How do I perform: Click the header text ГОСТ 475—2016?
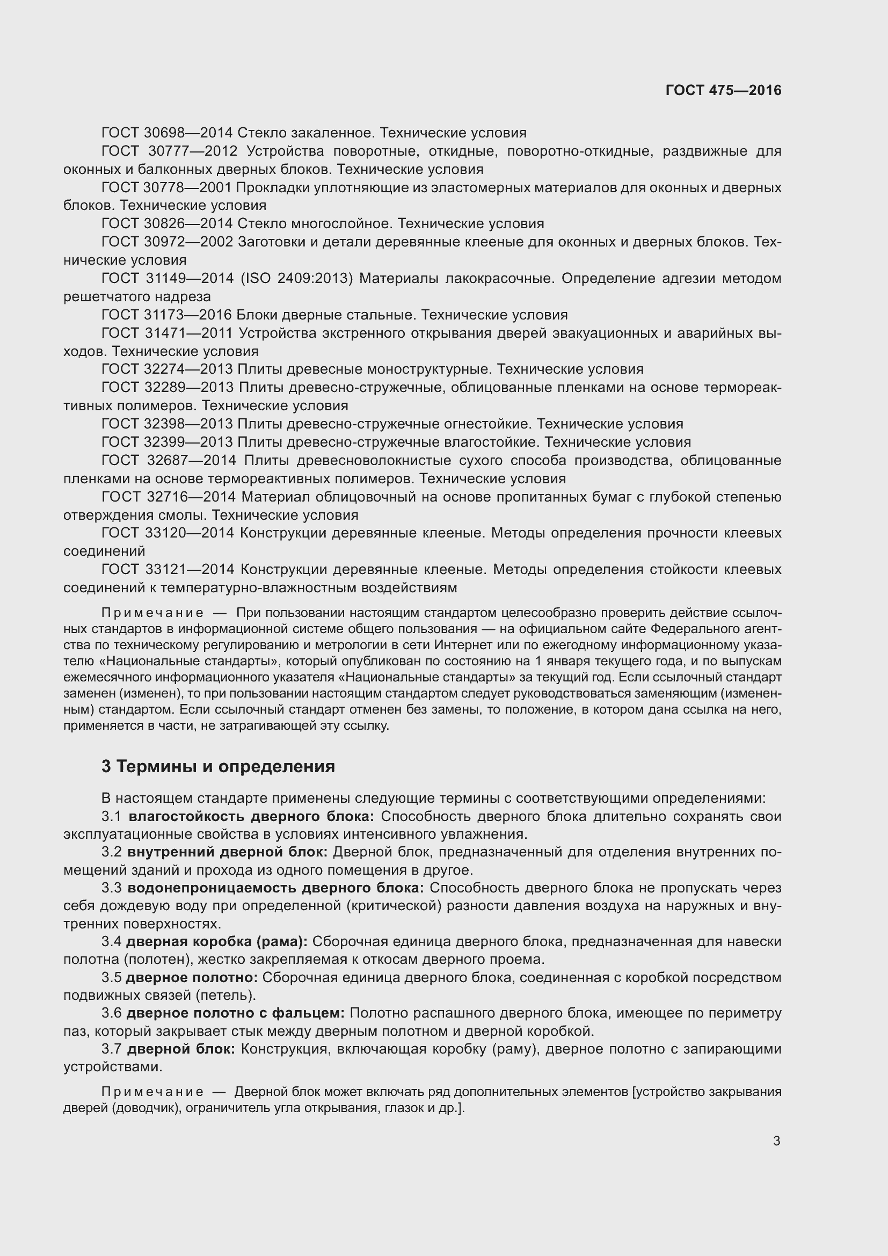pyautogui.click(x=723, y=90)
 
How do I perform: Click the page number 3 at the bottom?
pyautogui.click(x=776, y=1141)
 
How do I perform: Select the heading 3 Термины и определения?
pyautogui.click(x=217, y=766)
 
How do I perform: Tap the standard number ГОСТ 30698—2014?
pyautogui.click(x=167, y=133)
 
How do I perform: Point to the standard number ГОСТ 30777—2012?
pyautogui.click(x=170, y=151)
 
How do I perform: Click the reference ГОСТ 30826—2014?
pyautogui.click(x=167, y=224)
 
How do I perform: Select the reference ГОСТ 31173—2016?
pyautogui.click(x=167, y=315)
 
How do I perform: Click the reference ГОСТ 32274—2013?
pyautogui.click(x=167, y=369)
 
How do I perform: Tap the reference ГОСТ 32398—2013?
pyautogui.click(x=167, y=424)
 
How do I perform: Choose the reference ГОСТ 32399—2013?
pyautogui.click(x=167, y=442)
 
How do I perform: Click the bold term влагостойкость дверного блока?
pyautogui.click(x=251, y=817)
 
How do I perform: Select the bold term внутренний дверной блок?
pyautogui.click(x=228, y=852)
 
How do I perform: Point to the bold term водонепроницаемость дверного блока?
pyautogui.click(x=276, y=888)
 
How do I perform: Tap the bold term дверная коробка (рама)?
pyautogui.click(x=216, y=942)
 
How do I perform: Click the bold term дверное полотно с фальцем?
pyautogui.click(x=235, y=1013)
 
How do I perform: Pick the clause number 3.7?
pyautogui.click(x=112, y=1049)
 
